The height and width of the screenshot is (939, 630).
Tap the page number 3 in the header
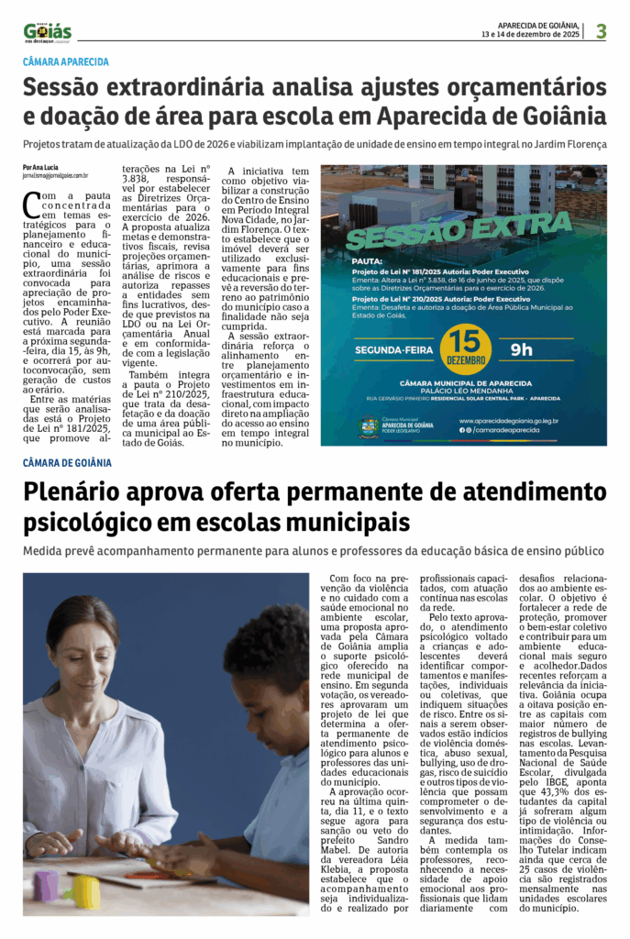click(601, 31)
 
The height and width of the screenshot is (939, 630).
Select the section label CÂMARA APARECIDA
click(66, 62)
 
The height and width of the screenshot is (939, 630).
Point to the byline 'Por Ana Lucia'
click(40, 167)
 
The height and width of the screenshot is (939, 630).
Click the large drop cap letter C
click(31, 204)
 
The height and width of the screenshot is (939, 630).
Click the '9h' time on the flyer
click(522, 349)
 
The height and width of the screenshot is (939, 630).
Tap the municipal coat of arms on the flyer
click(369, 426)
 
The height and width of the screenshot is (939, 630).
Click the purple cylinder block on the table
click(44, 885)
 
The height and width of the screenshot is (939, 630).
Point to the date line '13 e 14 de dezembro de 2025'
click(530, 35)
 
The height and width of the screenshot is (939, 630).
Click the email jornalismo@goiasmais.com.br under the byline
click(56, 175)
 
